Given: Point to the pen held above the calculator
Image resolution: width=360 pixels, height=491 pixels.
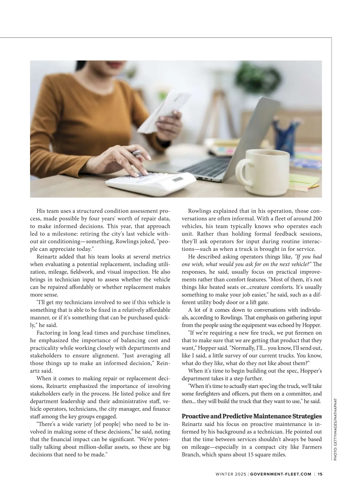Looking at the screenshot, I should pyautogui.click(x=137, y=153).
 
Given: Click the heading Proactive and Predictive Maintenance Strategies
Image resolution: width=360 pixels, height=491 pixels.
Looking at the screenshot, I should pyautogui.click(x=252, y=416).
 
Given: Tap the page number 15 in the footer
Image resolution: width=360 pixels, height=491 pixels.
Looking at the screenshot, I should pyautogui.click(x=320, y=474).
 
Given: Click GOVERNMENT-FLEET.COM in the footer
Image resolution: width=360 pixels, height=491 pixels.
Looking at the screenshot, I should pyautogui.click(x=281, y=474).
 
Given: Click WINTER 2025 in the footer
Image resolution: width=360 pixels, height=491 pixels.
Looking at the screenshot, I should pyautogui.click(x=231, y=474).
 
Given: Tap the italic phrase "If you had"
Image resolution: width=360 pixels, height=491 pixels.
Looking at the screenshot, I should pyautogui.click(x=308, y=257).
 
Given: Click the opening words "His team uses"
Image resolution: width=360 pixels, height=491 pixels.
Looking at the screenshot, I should pyautogui.click(x=54, y=211).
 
